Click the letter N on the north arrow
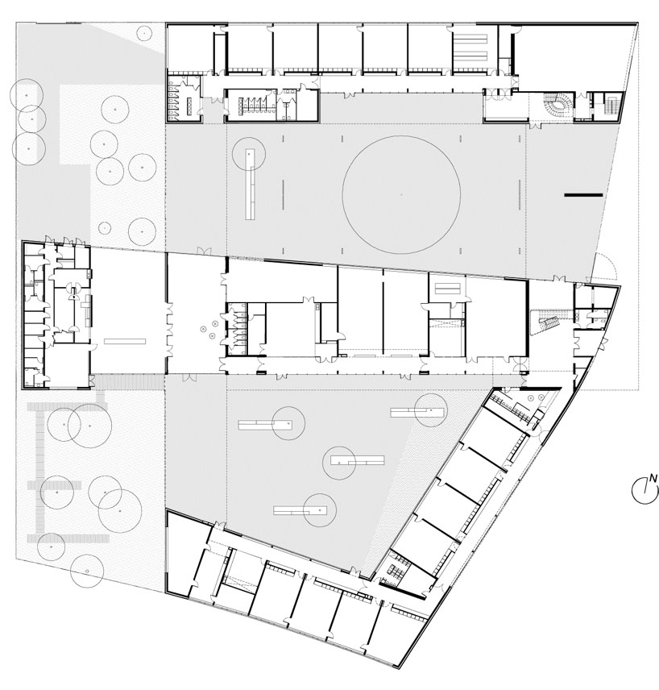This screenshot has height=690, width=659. coord(653,478)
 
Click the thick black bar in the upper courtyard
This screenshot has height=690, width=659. coord(584,194)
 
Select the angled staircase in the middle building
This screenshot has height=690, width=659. coord(545,322)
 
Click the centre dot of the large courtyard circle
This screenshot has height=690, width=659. coord(401,194)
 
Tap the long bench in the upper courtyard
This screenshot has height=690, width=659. coord(251,184)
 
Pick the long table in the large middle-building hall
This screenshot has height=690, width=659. coord(125,341)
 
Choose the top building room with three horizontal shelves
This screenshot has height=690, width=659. coord(475,48)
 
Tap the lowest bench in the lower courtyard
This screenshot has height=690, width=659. coord(300,510)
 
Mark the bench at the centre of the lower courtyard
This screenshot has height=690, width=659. coord(358,461)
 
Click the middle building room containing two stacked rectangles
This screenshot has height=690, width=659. coord(447,288)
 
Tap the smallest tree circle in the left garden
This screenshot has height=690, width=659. coord(105,227)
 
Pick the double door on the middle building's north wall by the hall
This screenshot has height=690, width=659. coord(204,251)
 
